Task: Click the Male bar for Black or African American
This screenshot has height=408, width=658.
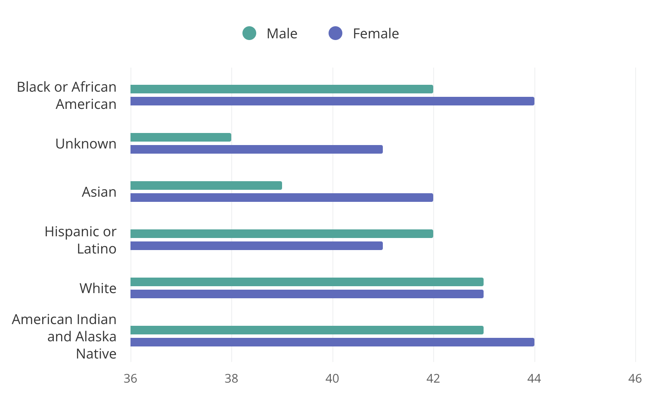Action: click(282, 89)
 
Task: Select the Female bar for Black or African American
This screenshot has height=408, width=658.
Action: click(332, 101)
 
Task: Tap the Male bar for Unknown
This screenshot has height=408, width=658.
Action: click(181, 137)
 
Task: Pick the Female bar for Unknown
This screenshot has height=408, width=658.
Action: click(257, 149)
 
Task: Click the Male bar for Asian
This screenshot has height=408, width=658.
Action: click(206, 185)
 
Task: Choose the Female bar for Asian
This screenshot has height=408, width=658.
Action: click(282, 198)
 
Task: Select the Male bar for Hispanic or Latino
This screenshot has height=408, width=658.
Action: click(282, 234)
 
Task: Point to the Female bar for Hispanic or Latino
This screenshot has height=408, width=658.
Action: click(257, 246)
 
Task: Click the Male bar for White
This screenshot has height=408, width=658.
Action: click(307, 282)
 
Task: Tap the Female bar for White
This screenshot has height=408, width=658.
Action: click(307, 294)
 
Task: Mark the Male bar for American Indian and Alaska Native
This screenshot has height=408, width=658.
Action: click(307, 330)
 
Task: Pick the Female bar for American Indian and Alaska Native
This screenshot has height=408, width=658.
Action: click(332, 342)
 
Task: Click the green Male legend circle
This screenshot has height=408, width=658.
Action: click(249, 33)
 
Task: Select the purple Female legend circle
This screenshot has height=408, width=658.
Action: click(335, 33)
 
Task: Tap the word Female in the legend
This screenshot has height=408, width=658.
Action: click(376, 34)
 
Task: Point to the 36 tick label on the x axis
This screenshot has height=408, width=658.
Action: click(130, 379)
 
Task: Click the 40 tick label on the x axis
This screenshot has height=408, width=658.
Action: click(332, 379)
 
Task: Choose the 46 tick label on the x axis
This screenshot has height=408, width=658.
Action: click(635, 379)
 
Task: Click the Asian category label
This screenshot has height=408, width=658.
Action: click(99, 192)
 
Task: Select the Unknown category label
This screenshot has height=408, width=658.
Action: click(86, 144)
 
